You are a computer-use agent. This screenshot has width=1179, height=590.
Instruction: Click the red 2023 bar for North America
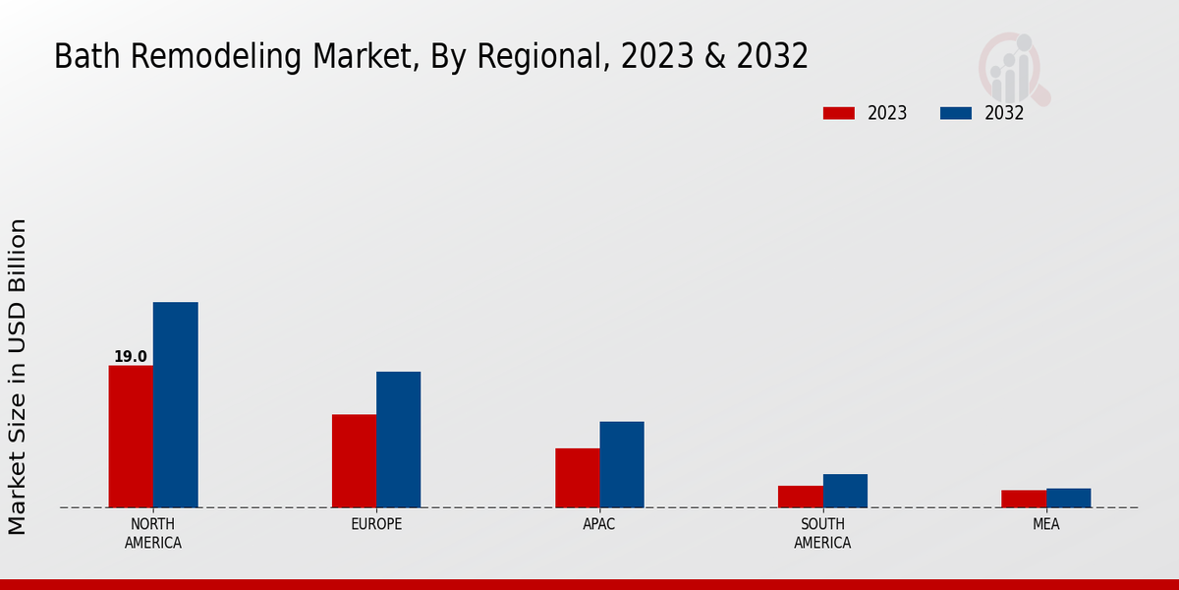[131, 437]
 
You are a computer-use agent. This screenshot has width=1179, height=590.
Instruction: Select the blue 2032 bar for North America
[175, 404]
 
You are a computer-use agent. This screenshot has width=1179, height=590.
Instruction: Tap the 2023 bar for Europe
[354, 461]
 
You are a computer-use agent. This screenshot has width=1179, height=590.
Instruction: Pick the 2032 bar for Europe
[398, 440]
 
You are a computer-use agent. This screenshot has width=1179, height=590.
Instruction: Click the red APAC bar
[577, 478]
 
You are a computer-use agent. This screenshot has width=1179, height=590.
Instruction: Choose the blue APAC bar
[622, 464]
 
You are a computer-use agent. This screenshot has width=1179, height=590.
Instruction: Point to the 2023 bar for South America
[800, 497]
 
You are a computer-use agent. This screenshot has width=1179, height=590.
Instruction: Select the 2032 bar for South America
[845, 491]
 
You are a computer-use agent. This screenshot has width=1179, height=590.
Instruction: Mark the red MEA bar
[1024, 499]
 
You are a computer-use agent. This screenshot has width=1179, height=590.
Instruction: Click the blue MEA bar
[1068, 498]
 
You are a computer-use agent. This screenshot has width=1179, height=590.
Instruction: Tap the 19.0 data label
[131, 357]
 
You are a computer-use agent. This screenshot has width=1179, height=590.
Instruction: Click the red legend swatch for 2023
[839, 113]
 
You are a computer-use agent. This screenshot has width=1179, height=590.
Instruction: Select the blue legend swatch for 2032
[955, 113]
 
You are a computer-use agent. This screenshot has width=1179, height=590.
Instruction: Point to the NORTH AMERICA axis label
[153, 533]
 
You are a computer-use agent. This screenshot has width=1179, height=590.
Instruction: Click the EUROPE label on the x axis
[376, 524]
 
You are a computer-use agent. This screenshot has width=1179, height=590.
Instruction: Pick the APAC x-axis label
[599, 524]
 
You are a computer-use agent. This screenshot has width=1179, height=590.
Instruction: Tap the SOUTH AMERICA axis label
[822, 533]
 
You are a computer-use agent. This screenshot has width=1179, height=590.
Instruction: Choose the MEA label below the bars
[1045, 524]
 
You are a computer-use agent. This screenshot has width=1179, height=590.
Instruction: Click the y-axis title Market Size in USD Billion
[18, 377]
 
